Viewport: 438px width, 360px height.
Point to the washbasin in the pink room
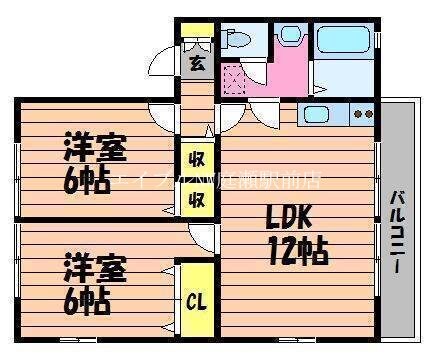pos(290,38)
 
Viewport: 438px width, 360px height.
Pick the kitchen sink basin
pos(321,113)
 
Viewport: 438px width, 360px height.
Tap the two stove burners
pos(364,113)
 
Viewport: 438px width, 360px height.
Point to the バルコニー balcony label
pos(397,226)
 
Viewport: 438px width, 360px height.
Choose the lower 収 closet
pos(197,197)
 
